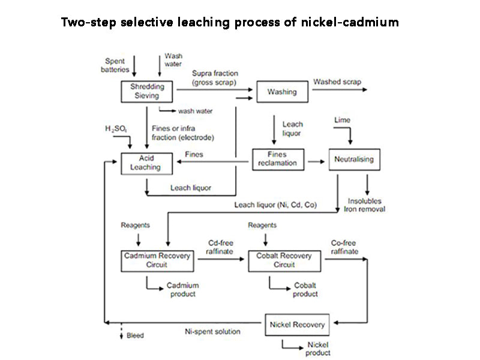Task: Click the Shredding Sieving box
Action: point(147,91)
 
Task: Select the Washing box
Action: point(281,92)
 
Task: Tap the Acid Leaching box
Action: point(147,163)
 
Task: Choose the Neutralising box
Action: point(354,160)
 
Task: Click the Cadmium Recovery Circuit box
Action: point(157,260)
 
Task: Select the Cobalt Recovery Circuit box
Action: point(284,260)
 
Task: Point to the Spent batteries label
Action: point(115,65)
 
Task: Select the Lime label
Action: point(342,120)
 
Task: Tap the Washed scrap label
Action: point(337,82)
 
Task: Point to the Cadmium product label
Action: point(182,289)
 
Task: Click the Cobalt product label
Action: point(305,289)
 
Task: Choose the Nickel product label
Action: point(318,349)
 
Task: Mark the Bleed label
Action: point(134,335)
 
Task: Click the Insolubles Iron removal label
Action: point(364,205)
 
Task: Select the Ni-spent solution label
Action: point(212,331)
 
